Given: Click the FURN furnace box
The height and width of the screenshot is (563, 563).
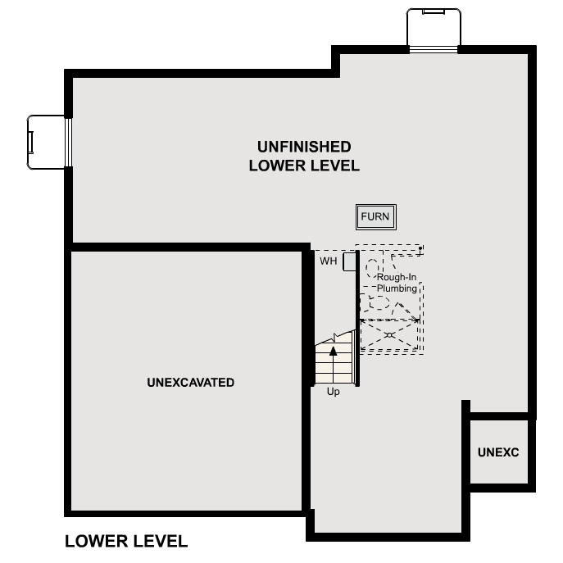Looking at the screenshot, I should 376,217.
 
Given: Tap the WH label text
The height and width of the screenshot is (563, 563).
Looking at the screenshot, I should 328,261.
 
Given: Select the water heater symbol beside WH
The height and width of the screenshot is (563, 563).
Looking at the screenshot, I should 348,261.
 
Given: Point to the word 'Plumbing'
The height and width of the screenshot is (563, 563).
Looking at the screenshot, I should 397,288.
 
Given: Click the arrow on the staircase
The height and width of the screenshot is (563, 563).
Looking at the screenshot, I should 334,350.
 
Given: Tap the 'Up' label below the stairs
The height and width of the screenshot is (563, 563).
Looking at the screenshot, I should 334,392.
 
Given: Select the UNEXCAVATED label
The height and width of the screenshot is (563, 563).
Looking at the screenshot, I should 190,382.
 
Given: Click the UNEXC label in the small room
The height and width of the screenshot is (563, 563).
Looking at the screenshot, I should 498,452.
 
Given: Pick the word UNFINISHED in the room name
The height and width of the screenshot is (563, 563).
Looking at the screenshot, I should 304,147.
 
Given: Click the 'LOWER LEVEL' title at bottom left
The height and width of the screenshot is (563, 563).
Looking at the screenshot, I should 126,541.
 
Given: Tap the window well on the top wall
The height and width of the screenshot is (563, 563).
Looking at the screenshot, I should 433,29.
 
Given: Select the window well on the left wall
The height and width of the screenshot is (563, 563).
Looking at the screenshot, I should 47,142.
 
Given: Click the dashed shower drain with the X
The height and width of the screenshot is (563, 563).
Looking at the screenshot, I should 390,335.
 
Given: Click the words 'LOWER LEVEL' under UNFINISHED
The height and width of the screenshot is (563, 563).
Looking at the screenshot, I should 304,166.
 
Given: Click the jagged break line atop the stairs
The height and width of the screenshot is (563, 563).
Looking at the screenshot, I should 337,336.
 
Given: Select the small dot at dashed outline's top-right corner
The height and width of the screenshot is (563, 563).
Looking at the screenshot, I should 420,247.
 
